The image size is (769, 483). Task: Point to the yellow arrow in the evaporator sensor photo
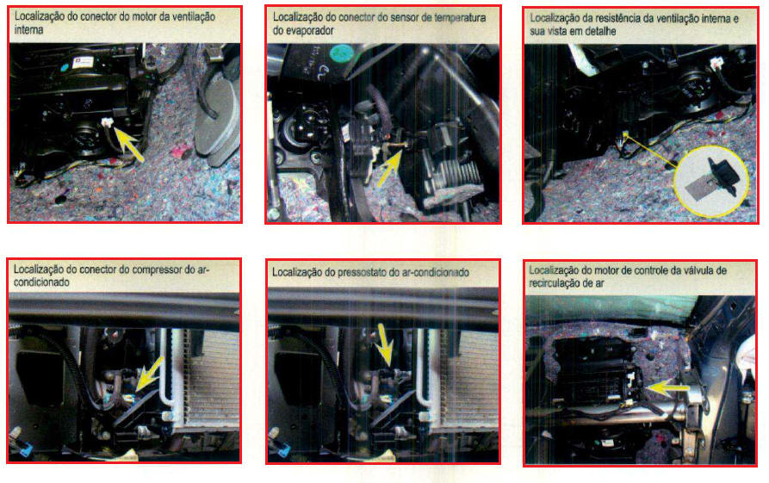click(391, 168)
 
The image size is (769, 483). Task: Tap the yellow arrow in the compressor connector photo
click(149, 375)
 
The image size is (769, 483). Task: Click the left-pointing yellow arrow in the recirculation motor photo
click(668, 388)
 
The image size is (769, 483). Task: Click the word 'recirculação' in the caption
click(555, 283)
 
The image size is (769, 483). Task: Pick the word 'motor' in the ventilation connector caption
click(145, 16)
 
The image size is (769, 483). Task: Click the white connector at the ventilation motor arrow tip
click(107, 122)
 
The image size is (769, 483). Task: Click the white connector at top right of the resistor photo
click(717, 62)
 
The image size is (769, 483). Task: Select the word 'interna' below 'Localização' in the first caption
click(29, 30)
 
